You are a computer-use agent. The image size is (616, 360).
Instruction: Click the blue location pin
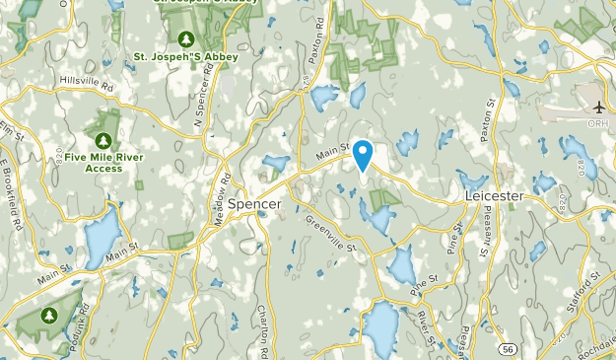click(363, 156)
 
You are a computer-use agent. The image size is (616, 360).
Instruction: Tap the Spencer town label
click(254, 204)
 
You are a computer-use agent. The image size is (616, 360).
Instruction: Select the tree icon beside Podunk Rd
click(50, 316)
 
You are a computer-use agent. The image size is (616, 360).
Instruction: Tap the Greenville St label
click(330, 233)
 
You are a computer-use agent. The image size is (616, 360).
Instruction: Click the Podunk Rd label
click(83, 335)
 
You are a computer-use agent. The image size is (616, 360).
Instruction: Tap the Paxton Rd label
click(318, 39)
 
